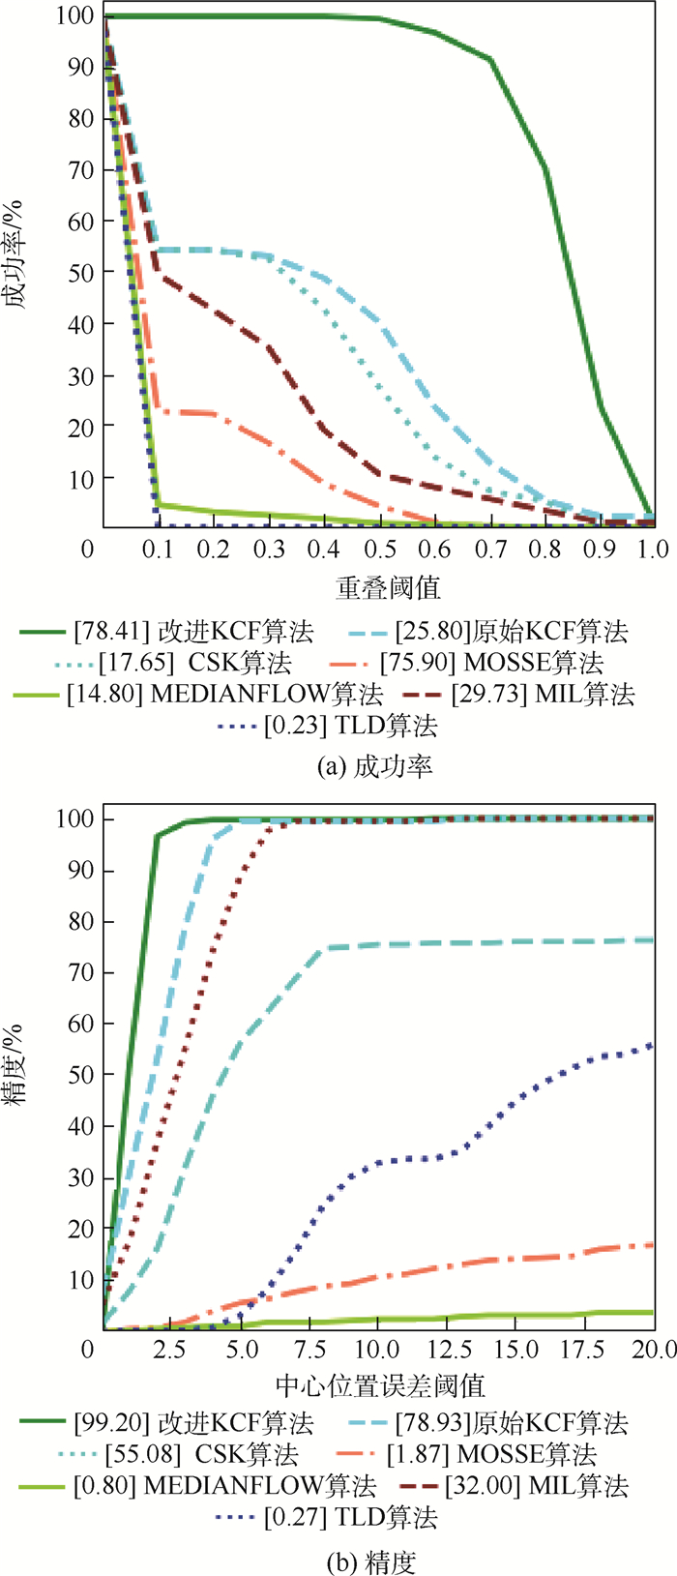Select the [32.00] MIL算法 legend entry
click(x=537, y=1485)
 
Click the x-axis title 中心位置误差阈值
click(x=380, y=1384)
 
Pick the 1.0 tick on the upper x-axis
click(x=654, y=550)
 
